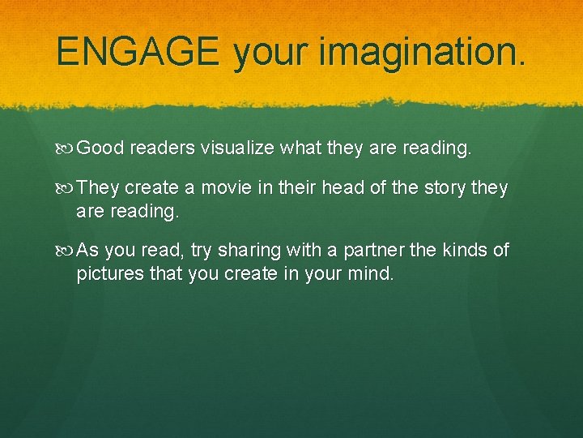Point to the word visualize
point(238,148)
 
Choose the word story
point(443,188)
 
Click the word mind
point(372,274)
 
